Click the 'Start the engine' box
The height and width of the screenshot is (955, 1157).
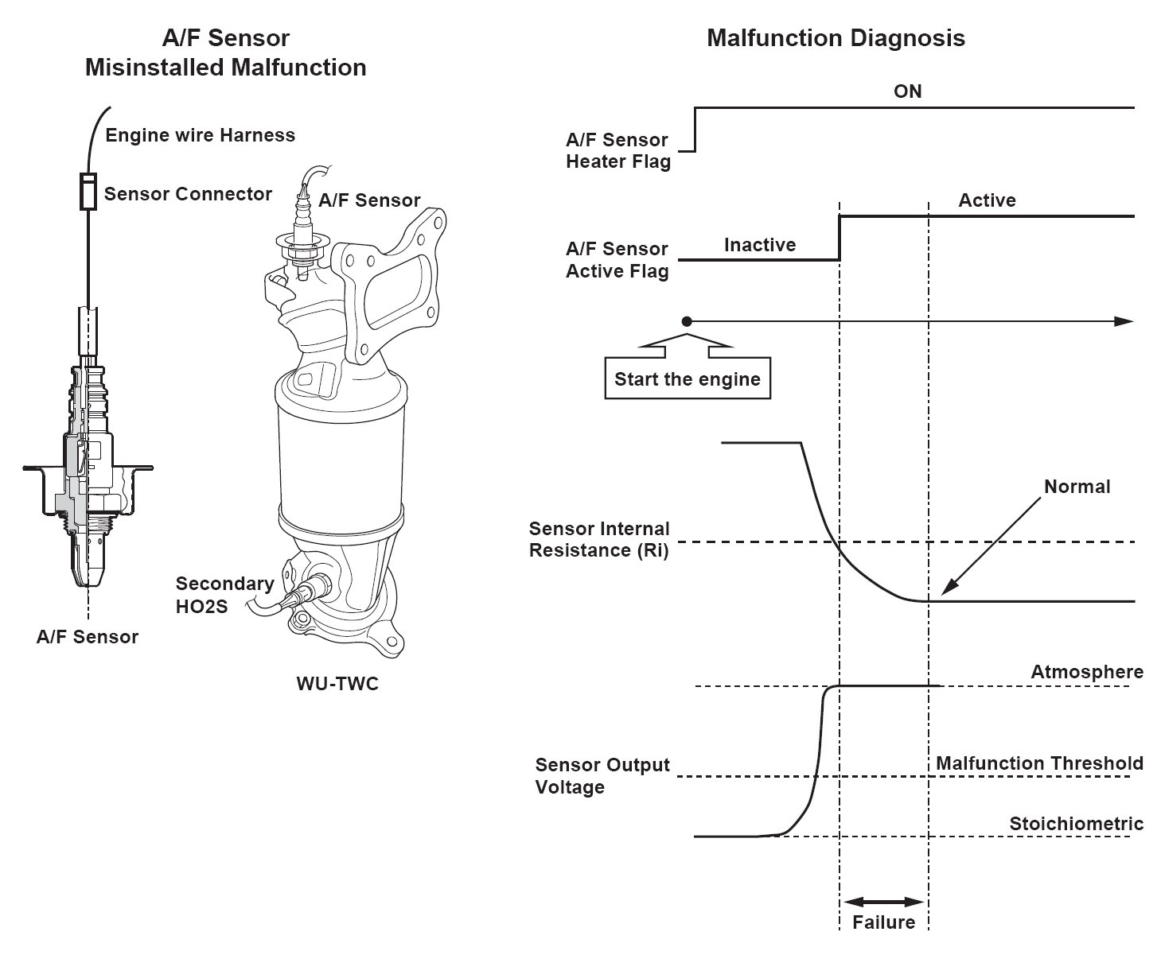tap(687, 379)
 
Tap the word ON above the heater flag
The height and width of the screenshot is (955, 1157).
tap(908, 91)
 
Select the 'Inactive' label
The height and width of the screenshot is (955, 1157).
tap(760, 245)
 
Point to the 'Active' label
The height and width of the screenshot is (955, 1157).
tap(988, 200)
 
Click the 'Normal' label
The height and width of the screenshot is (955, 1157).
tap(1077, 487)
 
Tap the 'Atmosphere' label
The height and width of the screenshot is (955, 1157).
tap(1087, 672)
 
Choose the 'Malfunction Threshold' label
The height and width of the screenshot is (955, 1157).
tap(1039, 763)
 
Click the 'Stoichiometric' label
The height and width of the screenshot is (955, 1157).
tap(1077, 824)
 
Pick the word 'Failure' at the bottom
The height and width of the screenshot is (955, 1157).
tap(884, 922)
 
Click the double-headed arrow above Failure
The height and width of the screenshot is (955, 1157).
tap(884, 902)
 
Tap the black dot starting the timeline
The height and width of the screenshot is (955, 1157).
tap(687, 321)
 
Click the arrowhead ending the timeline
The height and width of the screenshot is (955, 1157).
tap(1124, 321)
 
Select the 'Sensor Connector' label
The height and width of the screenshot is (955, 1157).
tap(188, 194)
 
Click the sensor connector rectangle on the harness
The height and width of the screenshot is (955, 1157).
tap(88, 192)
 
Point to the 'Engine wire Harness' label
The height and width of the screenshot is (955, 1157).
tap(200, 135)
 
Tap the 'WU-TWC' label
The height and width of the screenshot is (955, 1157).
tap(337, 684)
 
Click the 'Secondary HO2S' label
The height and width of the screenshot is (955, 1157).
tap(225, 595)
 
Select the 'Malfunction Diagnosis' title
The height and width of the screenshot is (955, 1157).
tap(836, 38)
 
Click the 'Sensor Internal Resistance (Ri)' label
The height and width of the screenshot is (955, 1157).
tap(599, 539)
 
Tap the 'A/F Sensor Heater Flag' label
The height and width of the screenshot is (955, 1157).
tap(617, 150)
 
